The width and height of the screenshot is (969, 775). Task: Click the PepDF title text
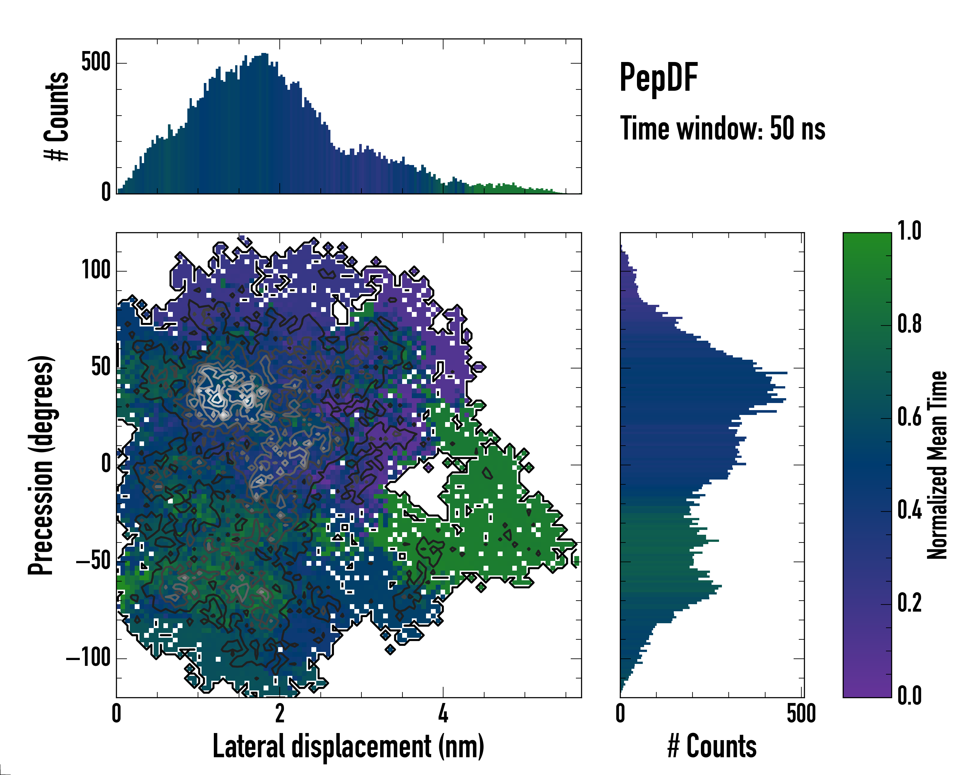coord(658,78)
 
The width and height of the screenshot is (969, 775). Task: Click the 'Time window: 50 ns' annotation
coord(722,129)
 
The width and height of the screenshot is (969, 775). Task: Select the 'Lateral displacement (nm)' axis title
coord(348,746)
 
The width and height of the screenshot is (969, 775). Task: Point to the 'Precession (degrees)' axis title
coord(41,465)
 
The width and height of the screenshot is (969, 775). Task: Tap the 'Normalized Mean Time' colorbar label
coord(937,465)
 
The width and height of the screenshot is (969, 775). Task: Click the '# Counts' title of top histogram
coord(57,116)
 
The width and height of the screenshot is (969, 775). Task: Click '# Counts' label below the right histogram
coord(712,746)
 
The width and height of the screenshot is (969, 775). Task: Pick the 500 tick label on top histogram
coord(96,62)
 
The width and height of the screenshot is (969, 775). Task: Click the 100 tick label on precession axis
coord(96,271)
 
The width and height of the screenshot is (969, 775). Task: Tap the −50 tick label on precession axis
coord(93,561)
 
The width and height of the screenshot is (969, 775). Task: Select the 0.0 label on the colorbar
coord(909,696)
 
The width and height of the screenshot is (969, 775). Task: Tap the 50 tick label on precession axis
coord(101,367)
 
